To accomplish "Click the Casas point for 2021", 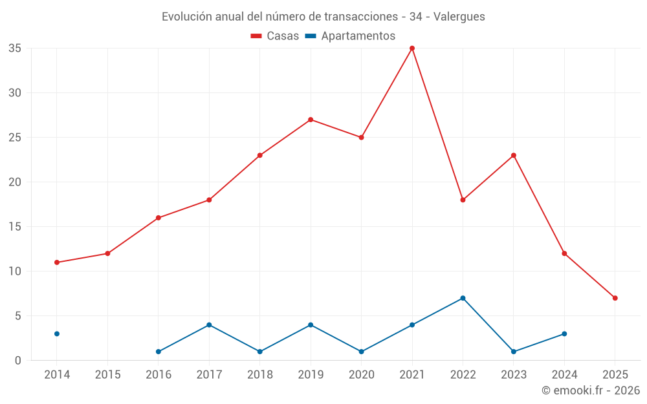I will pyautogui.click(x=412, y=48).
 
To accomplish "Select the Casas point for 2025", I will pyautogui.click(x=615, y=298).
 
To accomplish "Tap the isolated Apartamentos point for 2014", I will pyautogui.click(x=57, y=334).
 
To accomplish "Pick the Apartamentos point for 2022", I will pyautogui.click(x=463, y=298).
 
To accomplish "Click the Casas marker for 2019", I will pyautogui.click(x=311, y=120).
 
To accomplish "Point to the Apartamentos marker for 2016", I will pyautogui.click(x=159, y=352).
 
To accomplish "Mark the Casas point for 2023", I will pyautogui.click(x=514, y=155).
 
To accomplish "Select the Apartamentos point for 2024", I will pyautogui.click(x=564, y=334).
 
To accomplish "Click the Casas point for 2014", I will pyautogui.click(x=57, y=262).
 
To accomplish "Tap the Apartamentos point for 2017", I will pyautogui.click(x=209, y=324).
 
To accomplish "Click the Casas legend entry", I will pyautogui.click(x=275, y=36).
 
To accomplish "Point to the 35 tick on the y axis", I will pyautogui.click(x=15, y=48).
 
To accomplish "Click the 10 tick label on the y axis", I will pyautogui.click(x=15, y=271).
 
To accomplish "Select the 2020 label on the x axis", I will pyautogui.click(x=361, y=375).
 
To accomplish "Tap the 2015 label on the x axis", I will pyautogui.click(x=107, y=375).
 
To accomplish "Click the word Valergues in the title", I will pyautogui.click(x=459, y=17).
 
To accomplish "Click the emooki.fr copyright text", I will pyautogui.click(x=590, y=390).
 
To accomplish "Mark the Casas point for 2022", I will pyautogui.click(x=463, y=200).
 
